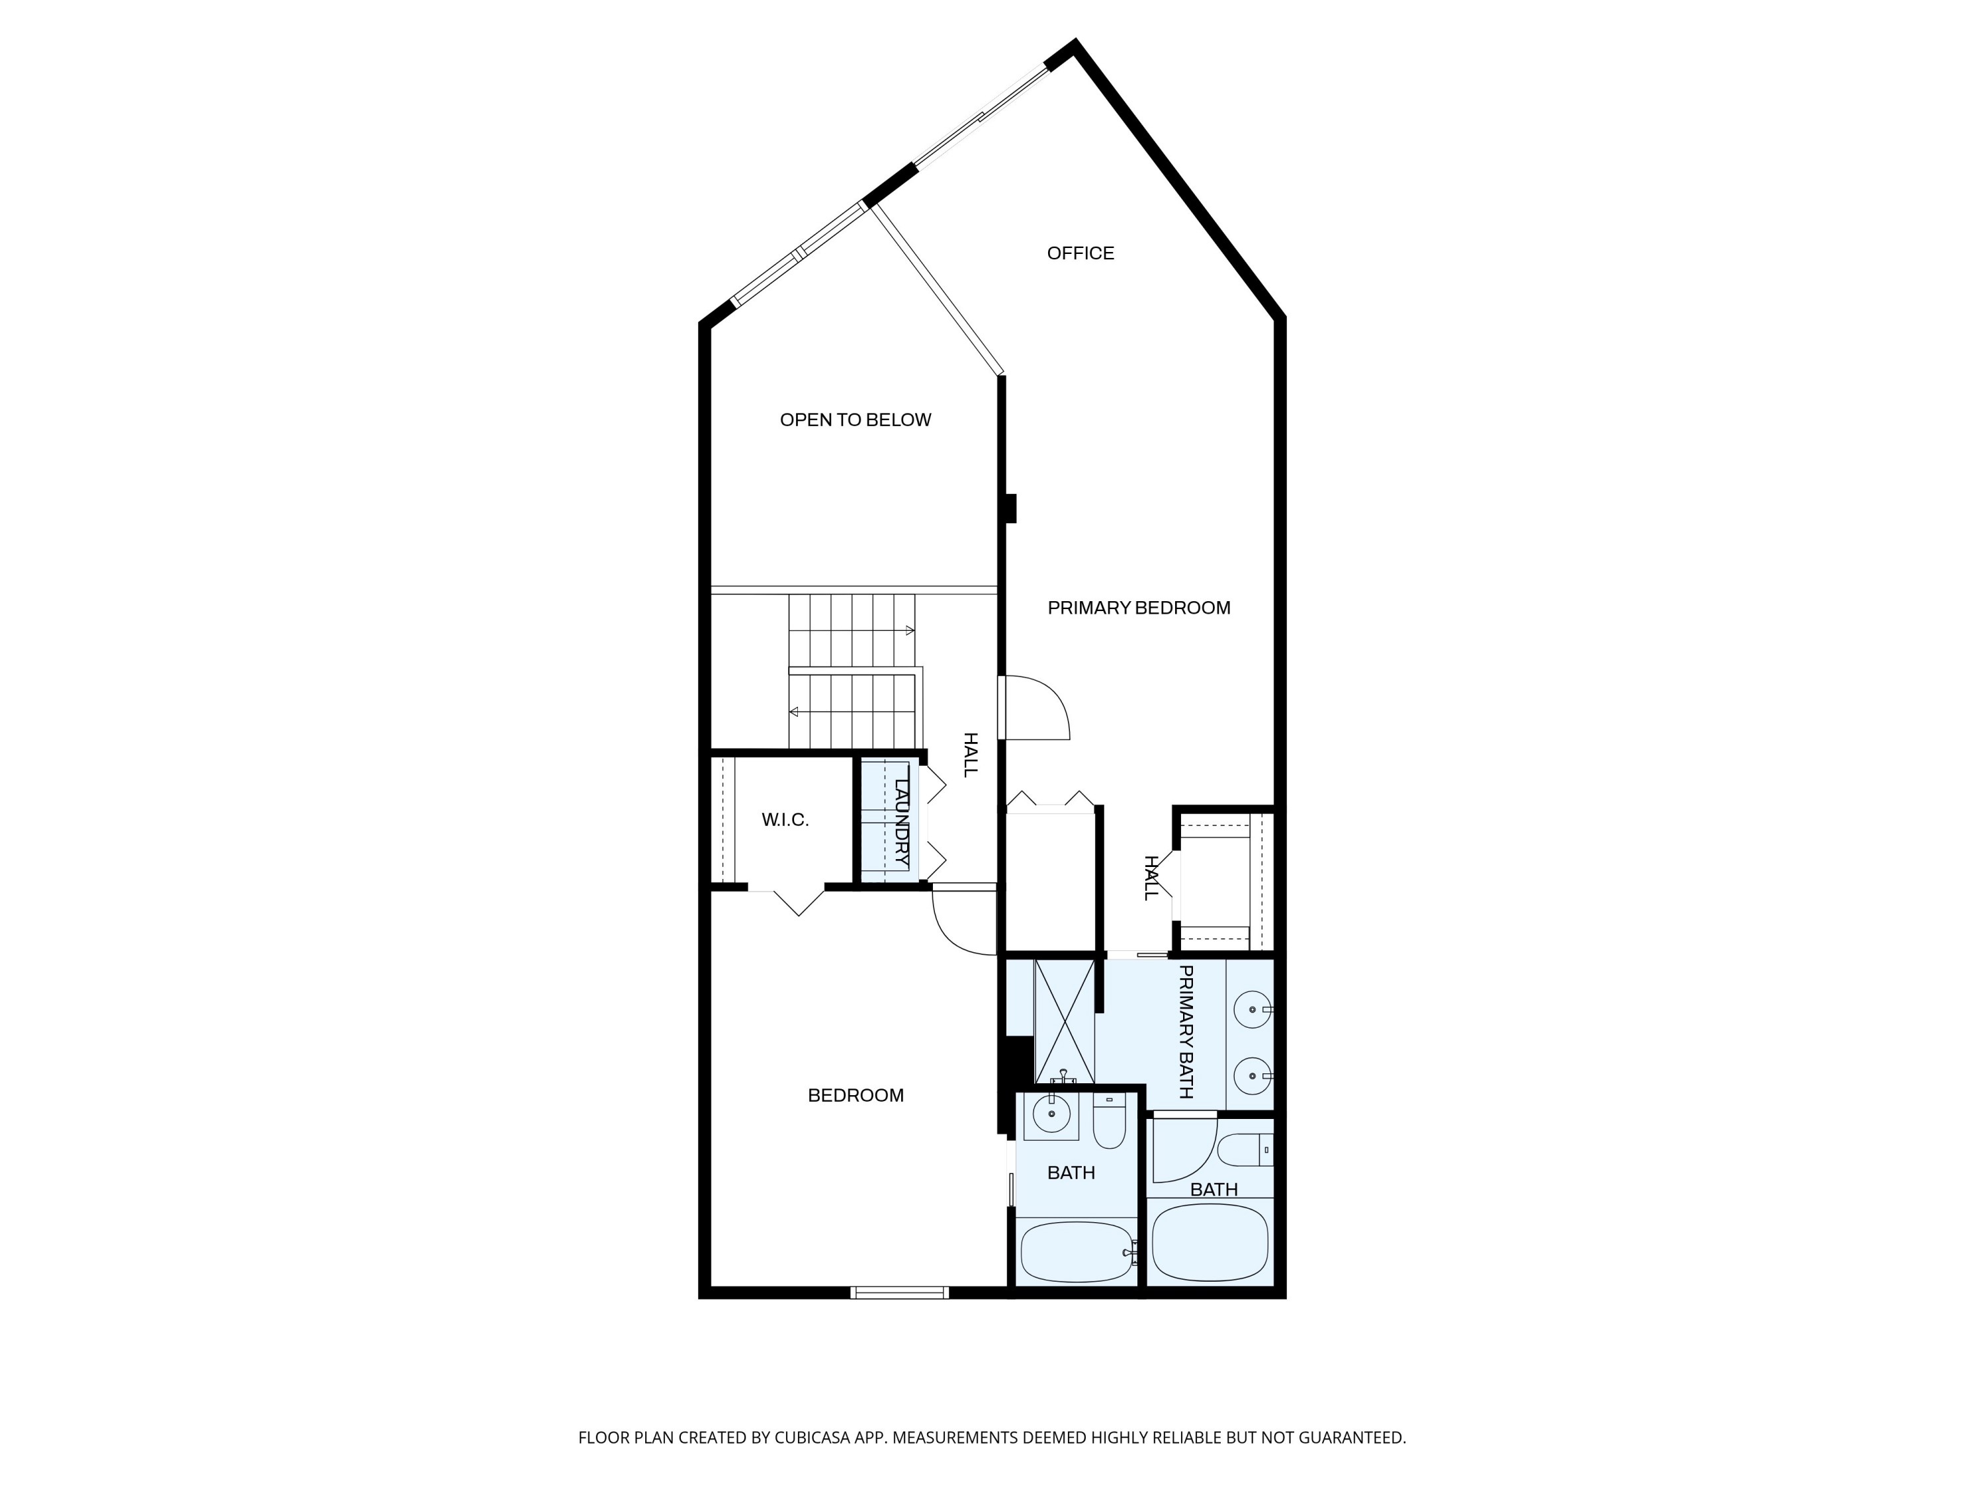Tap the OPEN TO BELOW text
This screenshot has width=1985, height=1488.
854,420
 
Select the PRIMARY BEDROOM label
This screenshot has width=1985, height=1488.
1138,608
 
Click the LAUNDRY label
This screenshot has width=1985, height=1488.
902,821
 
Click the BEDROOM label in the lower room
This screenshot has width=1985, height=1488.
854,1095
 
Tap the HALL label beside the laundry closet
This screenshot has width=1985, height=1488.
970,755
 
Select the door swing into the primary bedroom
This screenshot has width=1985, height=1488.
1036,708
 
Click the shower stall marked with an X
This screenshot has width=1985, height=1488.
1064,1022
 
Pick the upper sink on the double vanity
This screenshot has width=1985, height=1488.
1251,1010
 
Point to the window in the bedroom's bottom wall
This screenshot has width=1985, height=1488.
899,1292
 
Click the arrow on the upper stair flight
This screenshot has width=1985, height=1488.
909,630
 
